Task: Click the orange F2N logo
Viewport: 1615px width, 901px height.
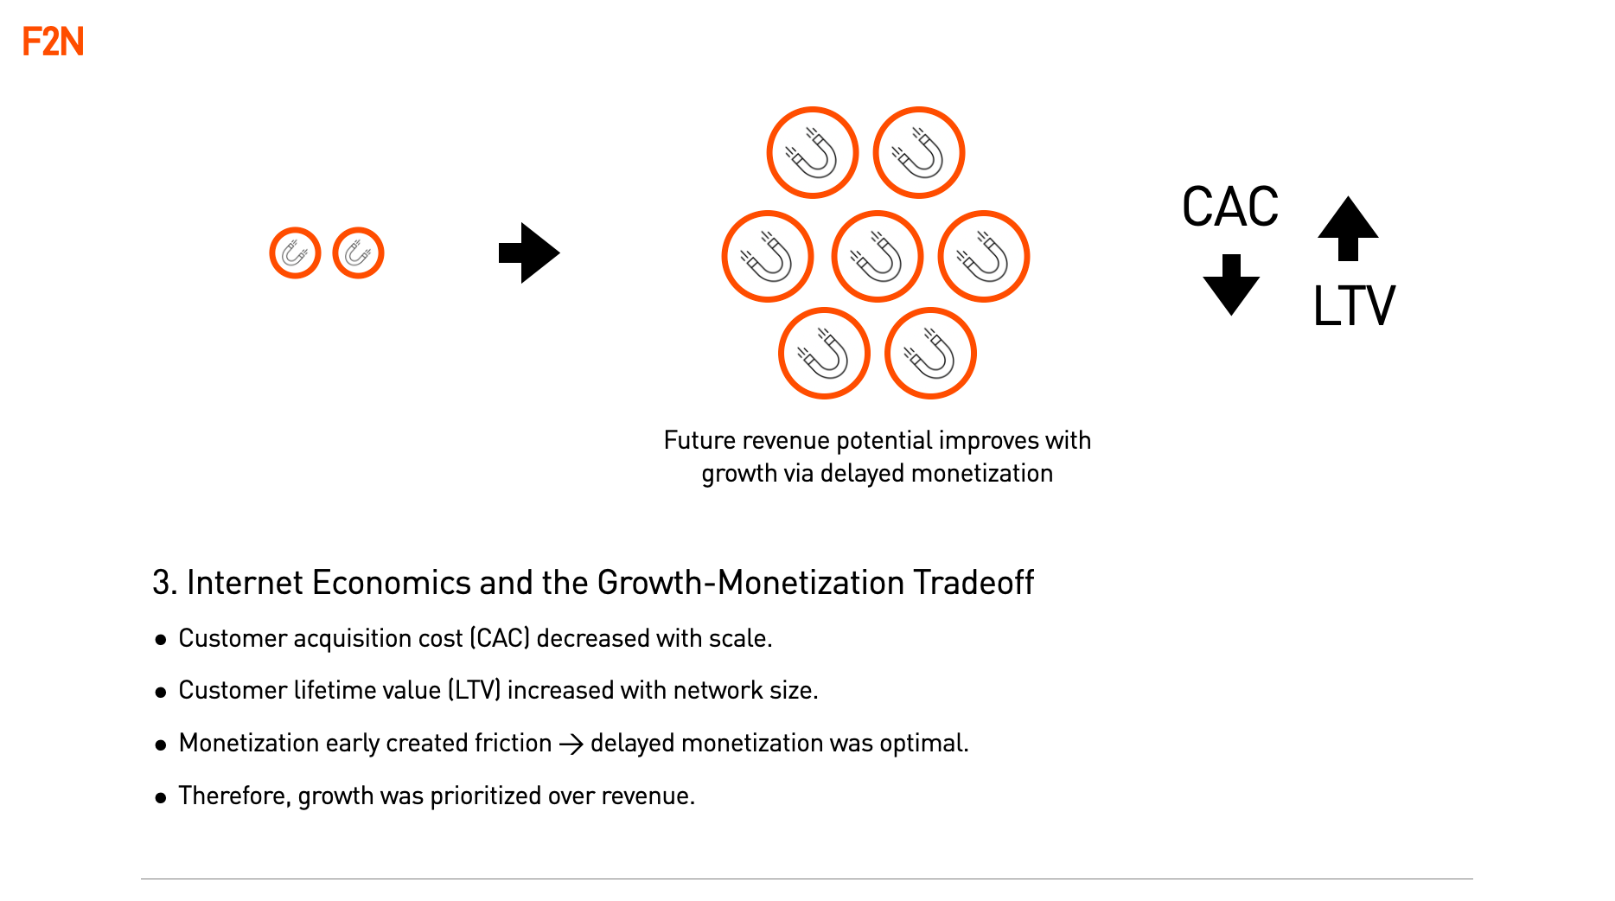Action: [53, 42]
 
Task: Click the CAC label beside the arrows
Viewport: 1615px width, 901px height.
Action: [1229, 208]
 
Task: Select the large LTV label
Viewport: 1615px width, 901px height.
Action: [1354, 306]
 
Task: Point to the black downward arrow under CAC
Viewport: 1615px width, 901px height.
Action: [1231, 284]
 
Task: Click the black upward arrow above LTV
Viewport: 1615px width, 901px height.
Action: [1348, 228]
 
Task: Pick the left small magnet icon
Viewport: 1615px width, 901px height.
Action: [295, 253]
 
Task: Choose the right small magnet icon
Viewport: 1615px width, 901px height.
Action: [358, 253]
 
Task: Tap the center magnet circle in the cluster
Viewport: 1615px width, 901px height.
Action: [877, 257]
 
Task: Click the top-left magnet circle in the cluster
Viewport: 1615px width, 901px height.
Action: [812, 153]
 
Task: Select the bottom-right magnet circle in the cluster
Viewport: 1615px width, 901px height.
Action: [930, 354]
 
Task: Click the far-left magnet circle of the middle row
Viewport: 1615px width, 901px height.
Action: [767, 257]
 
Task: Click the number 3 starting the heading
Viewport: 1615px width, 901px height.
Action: [161, 583]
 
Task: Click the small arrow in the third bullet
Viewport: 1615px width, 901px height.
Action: [571, 744]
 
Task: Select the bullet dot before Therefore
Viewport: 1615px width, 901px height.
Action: [161, 797]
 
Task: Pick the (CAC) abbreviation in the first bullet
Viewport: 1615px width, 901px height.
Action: [500, 638]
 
